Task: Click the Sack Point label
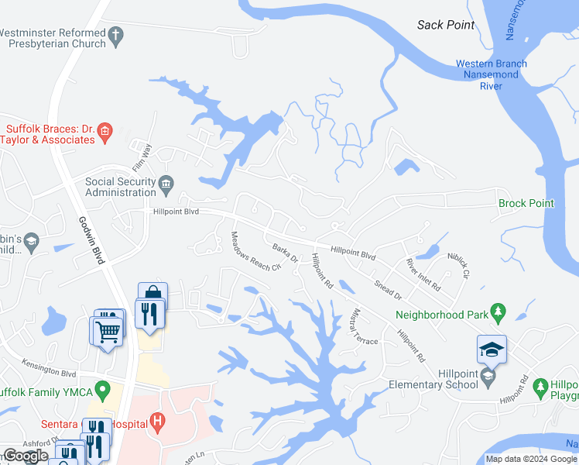tap(445, 25)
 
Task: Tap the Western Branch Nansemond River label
tap(491, 74)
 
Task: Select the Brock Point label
tap(526, 204)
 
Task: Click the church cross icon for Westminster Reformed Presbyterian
tap(116, 34)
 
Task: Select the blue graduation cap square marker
tap(492, 350)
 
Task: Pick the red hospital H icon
tap(158, 424)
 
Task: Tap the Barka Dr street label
tap(285, 253)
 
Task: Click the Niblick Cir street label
tap(458, 266)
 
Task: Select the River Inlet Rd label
tap(423, 275)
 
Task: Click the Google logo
tap(26, 456)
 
